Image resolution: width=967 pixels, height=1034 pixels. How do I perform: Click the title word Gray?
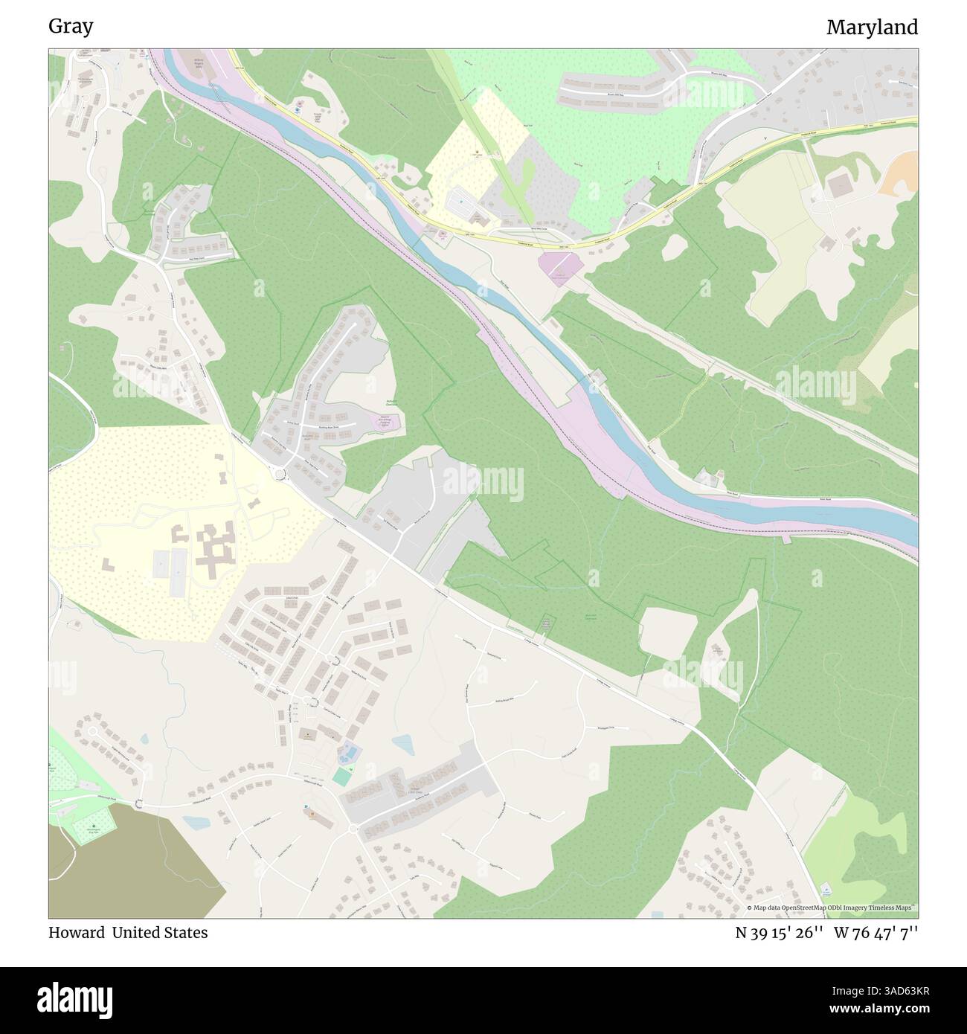coord(71,27)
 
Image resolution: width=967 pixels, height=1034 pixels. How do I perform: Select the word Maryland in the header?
coord(872,28)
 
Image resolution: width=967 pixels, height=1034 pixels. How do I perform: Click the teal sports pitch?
coord(342,777)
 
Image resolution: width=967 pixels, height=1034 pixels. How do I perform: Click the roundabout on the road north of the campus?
coord(280,474)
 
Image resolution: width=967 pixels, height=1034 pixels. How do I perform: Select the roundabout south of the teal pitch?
coord(353,828)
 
